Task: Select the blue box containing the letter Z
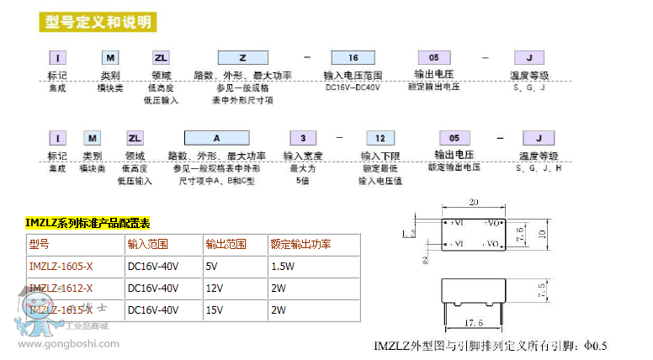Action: (x=243, y=58)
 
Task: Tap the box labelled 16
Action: (x=353, y=58)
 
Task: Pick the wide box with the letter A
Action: (x=215, y=138)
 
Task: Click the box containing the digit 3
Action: (x=302, y=138)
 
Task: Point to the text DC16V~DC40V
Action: (x=353, y=87)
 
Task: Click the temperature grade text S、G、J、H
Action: (x=539, y=169)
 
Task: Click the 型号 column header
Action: (x=40, y=245)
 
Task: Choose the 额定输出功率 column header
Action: (x=300, y=245)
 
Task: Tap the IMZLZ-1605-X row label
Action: (x=61, y=267)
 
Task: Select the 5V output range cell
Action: (x=211, y=267)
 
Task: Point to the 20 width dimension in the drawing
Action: (x=474, y=202)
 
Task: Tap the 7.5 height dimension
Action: (x=542, y=291)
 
